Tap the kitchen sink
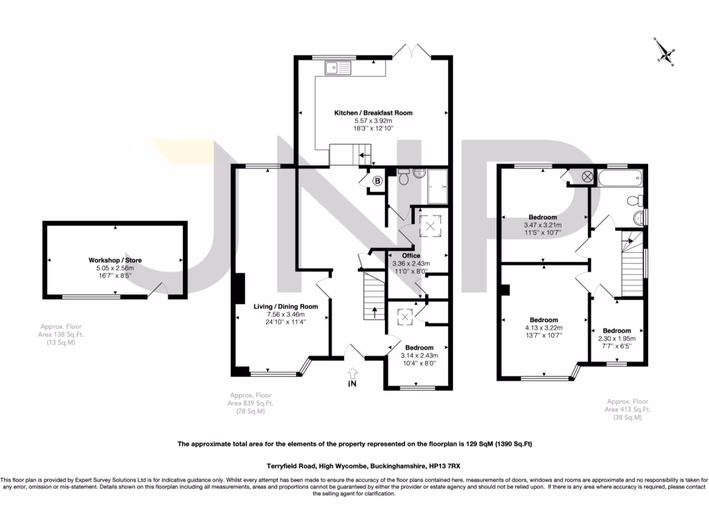tap(340, 67)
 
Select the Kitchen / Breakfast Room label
tap(373, 112)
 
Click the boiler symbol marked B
tap(377, 181)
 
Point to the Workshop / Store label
tap(115, 260)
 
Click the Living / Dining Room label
tap(285, 306)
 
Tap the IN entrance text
tap(353, 382)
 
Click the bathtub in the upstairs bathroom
tap(620, 181)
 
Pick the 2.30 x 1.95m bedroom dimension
tap(616, 339)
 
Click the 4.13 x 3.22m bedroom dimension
tap(544, 328)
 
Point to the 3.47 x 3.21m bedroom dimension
tap(542, 225)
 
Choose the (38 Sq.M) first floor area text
tap(627, 417)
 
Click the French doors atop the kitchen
tap(411, 52)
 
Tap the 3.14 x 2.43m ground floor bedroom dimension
tap(419, 355)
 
